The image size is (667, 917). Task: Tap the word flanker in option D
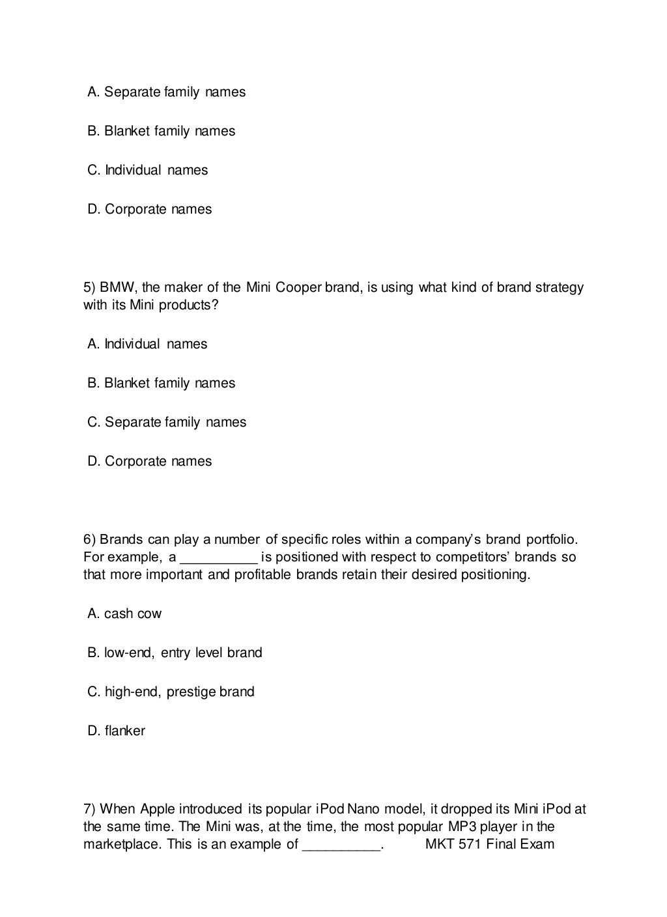(x=124, y=731)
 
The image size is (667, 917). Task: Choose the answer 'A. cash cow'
(x=124, y=614)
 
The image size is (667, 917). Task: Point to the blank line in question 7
(x=342, y=846)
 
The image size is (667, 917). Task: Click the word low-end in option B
(x=129, y=653)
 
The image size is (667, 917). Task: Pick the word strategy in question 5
(x=560, y=287)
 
